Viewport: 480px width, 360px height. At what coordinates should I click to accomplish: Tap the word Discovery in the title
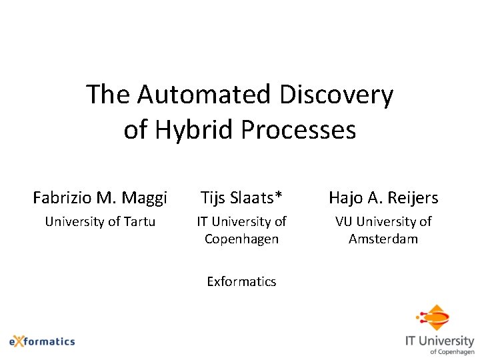click(336, 95)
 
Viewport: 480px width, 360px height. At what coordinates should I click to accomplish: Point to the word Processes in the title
click(299, 129)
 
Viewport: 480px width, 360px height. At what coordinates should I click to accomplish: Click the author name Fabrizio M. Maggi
click(100, 197)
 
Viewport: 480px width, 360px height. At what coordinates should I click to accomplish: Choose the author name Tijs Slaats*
click(241, 197)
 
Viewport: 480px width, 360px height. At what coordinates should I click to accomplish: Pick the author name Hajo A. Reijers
click(383, 197)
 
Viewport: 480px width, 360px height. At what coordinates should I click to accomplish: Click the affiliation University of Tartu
click(100, 221)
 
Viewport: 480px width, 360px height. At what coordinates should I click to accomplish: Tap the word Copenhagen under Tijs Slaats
click(241, 239)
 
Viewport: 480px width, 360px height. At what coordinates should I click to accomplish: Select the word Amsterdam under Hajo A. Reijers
click(383, 239)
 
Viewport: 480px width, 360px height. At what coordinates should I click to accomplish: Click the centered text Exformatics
click(241, 281)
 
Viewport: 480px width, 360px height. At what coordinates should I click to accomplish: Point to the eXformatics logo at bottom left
click(42, 341)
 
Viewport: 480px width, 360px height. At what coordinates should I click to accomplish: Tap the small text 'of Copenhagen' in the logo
click(452, 351)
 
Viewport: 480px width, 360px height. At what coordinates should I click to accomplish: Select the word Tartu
click(139, 221)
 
